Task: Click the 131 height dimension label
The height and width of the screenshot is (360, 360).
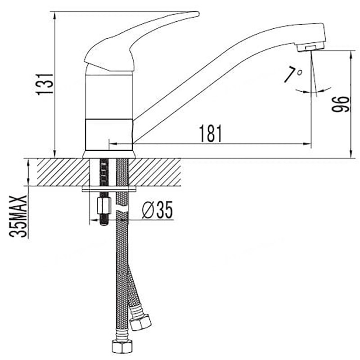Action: pos(45,84)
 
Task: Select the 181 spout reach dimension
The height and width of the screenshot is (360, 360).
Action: pos(211,134)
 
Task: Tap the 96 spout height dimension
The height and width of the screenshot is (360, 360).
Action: pos(341,104)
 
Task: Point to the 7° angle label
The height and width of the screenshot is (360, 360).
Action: pos(292,74)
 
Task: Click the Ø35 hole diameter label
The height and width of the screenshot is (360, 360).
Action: pos(157,210)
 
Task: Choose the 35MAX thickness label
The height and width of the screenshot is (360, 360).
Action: pos(18,216)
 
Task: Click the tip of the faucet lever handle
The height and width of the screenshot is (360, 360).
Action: pos(198,14)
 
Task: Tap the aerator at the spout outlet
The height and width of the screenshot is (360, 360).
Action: pos(310,47)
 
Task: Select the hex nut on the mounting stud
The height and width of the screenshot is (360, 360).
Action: pos(104,206)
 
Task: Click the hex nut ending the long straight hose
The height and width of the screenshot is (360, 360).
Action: pos(122,346)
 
